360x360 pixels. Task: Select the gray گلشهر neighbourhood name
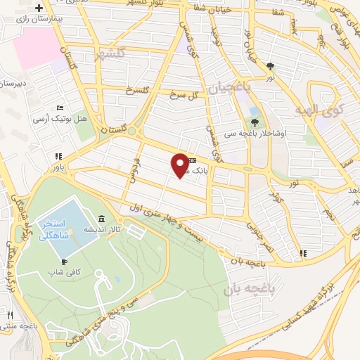tap(112, 53)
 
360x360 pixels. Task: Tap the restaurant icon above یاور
tap(58, 157)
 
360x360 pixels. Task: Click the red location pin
tap(180, 165)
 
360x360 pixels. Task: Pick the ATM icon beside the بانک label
tap(192, 160)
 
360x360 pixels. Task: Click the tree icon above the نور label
tap(271, 67)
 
